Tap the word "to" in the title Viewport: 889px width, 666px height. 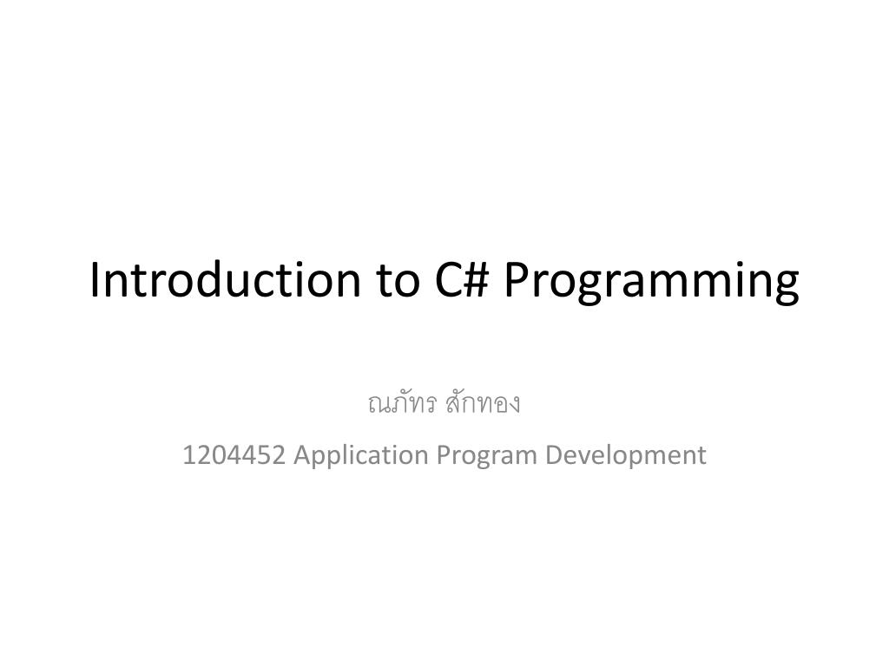point(395,280)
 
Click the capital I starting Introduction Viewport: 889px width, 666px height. point(95,280)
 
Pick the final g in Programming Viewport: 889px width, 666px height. point(785,287)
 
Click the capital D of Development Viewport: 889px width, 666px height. point(553,454)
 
